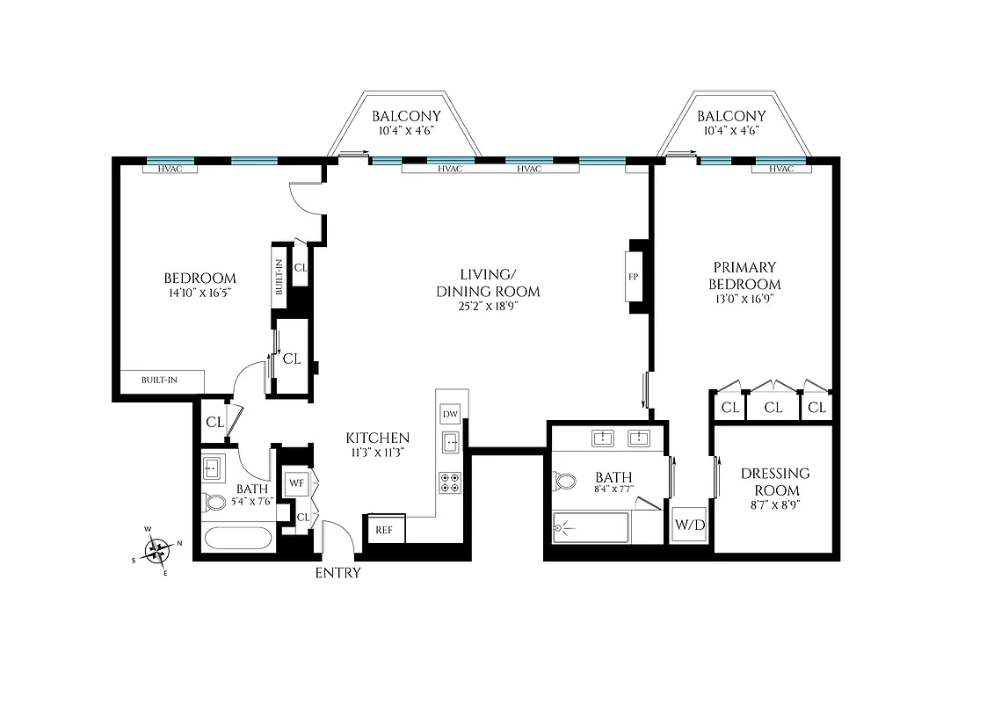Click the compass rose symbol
158,550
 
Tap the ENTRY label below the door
337,573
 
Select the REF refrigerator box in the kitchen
384,530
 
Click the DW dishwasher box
450,414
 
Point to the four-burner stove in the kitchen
450,482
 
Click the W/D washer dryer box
690,525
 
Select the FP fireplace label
633,276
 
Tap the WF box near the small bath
295,482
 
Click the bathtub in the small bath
236,536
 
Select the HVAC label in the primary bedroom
780,169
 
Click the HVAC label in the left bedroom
170,169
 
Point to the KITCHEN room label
377,438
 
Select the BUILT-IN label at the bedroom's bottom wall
160,380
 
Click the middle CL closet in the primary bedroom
773,407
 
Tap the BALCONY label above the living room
405,116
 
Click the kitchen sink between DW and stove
450,442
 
